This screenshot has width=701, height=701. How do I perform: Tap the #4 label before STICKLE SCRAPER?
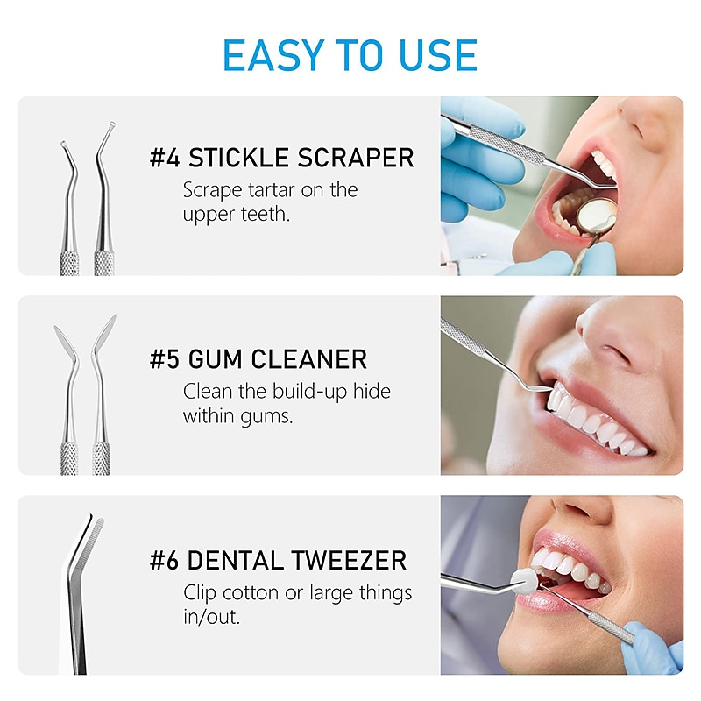pyautogui.click(x=165, y=159)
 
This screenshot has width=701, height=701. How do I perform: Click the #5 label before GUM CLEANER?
pyautogui.click(x=165, y=359)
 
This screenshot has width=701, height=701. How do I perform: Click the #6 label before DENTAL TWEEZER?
pyautogui.click(x=165, y=560)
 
